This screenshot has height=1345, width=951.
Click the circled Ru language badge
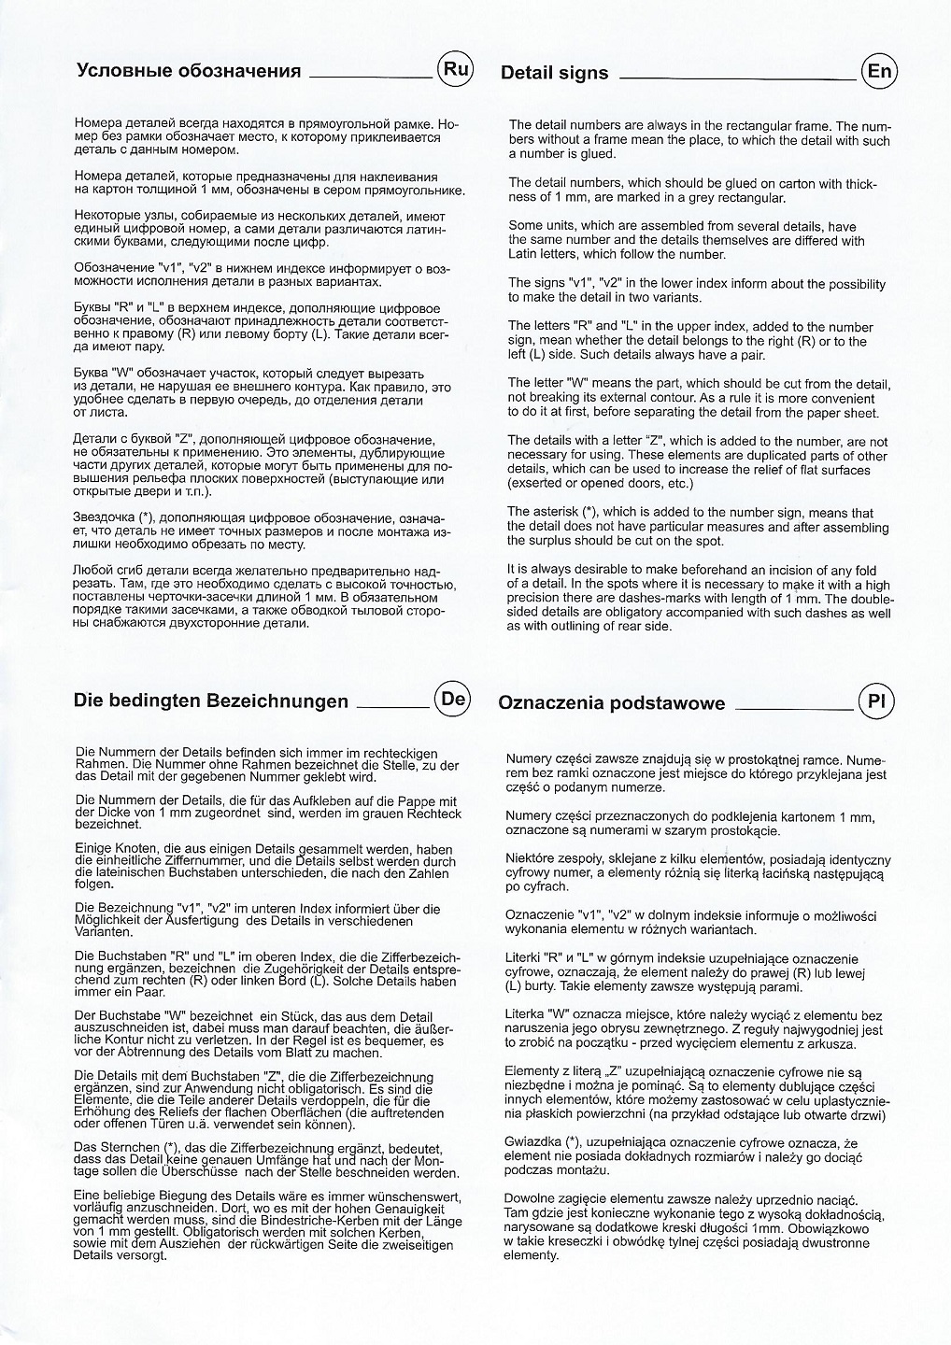[x=455, y=69]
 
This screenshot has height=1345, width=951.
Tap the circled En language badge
[x=878, y=72]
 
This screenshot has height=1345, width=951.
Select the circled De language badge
[x=452, y=699]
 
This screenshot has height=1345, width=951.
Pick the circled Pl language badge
[x=875, y=701]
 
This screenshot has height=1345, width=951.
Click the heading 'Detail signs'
[x=554, y=73]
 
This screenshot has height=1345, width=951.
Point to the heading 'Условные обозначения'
[x=188, y=71]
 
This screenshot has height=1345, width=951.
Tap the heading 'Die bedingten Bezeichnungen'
[x=211, y=701]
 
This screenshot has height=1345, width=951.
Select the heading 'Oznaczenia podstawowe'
[x=611, y=702]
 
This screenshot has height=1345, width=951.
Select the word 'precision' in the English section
[x=539, y=599]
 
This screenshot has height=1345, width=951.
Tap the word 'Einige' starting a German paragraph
[x=93, y=849]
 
